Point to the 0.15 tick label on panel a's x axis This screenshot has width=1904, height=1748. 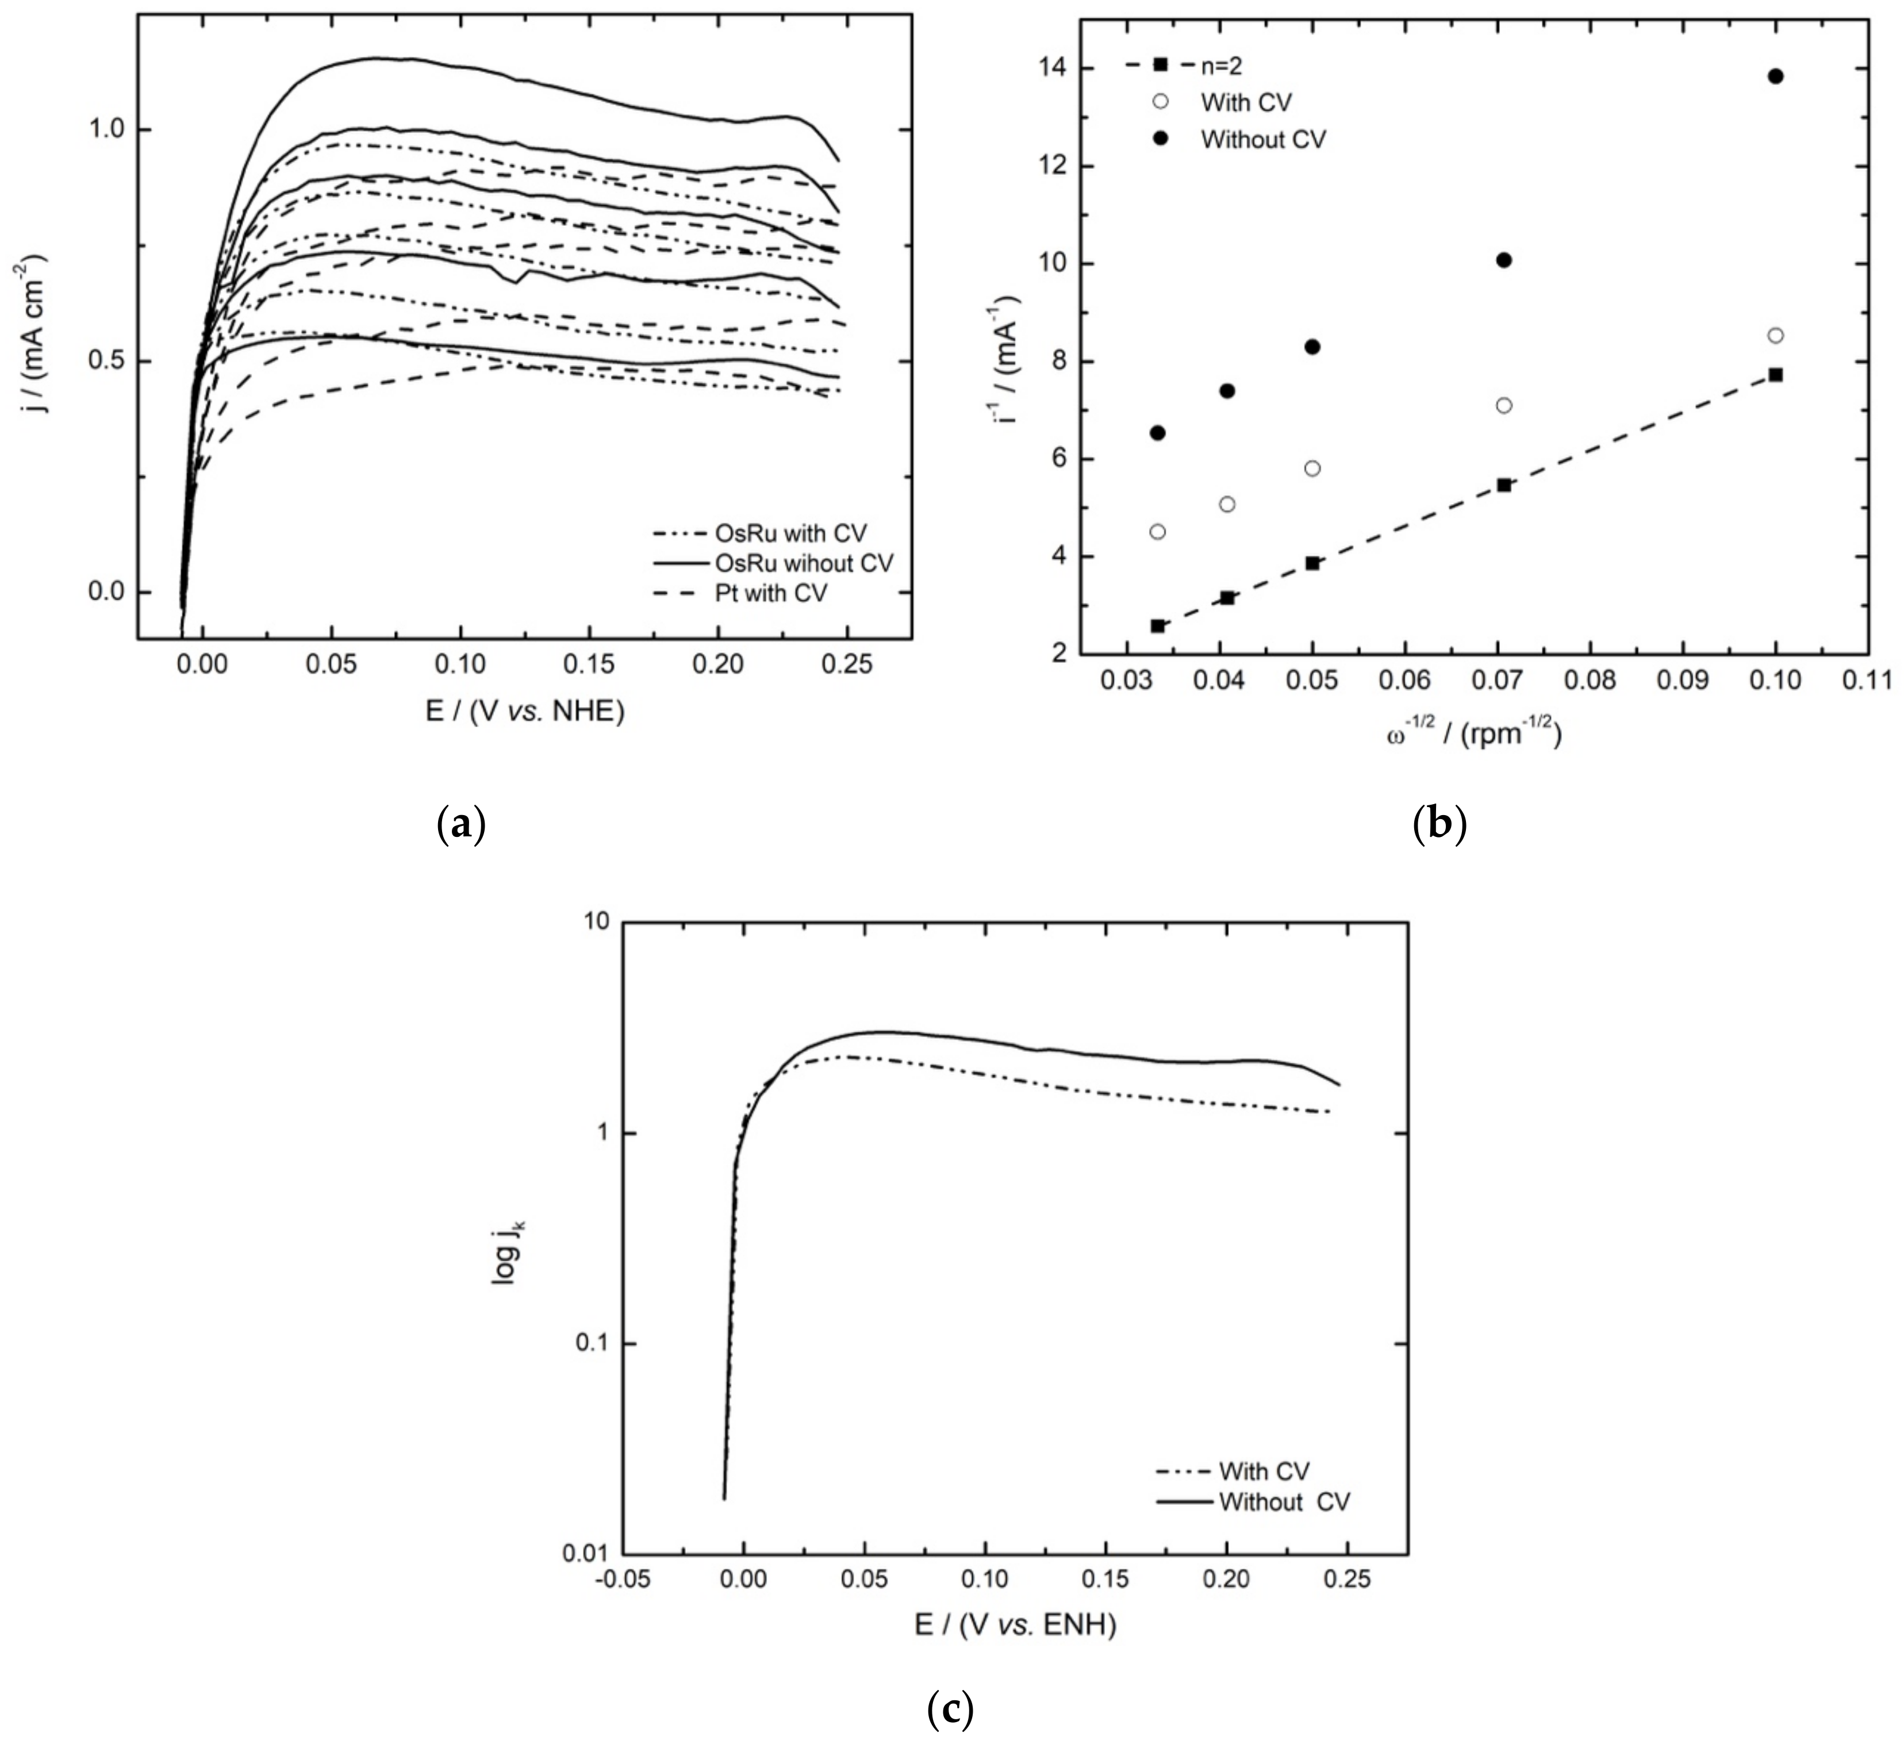588,664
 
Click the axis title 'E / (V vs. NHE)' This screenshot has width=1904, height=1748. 525,710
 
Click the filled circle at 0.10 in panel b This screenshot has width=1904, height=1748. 1775,76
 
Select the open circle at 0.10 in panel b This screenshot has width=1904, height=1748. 1775,335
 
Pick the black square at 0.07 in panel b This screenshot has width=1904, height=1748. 1504,485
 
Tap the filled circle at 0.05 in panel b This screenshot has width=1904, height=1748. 1312,347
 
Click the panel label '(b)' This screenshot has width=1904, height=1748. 1439,824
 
